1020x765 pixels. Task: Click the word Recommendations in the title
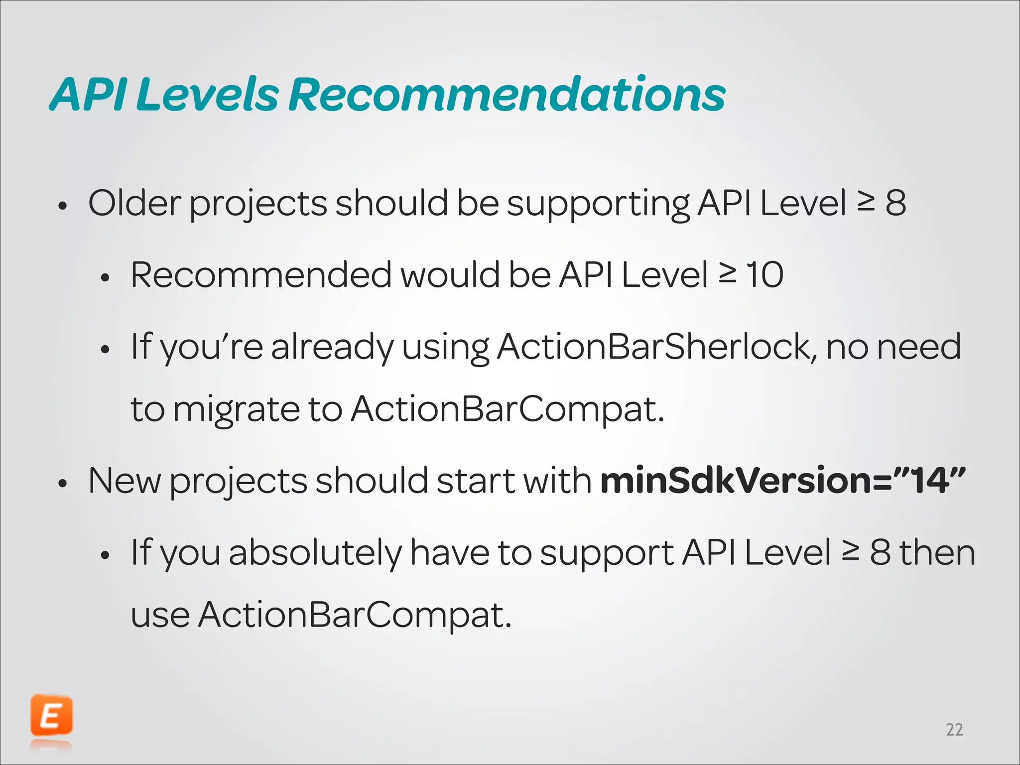[507, 94]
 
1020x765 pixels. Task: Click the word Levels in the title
[206, 94]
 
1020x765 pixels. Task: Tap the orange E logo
[51, 716]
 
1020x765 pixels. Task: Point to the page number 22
[954, 730]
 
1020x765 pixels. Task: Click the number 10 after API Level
[765, 274]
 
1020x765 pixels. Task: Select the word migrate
[237, 410]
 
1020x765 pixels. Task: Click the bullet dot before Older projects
[62, 206]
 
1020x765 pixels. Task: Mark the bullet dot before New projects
[62, 483]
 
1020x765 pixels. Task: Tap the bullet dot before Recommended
[104, 277]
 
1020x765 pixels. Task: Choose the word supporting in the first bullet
[598, 204]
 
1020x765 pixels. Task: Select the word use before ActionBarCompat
[160, 615]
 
